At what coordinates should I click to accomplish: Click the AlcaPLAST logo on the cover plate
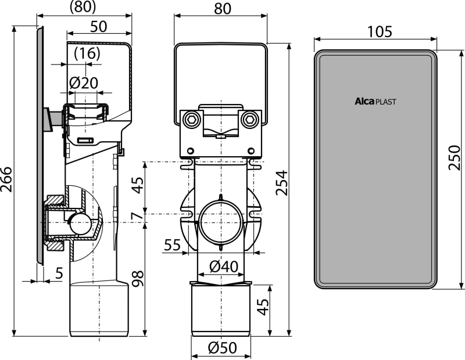(375, 102)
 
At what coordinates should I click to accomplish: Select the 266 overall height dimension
(6, 179)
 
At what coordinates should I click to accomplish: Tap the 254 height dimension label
(282, 182)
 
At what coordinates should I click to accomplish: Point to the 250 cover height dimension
(454, 157)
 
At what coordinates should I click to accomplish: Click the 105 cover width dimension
(380, 31)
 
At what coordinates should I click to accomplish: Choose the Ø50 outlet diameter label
(223, 348)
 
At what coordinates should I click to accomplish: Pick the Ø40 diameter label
(224, 267)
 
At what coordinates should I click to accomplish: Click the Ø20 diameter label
(84, 83)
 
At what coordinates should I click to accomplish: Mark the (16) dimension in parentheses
(87, 53)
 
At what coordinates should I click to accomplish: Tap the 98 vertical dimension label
(138, 278)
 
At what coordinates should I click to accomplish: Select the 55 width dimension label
(172, 245)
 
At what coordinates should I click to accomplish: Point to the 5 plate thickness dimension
(59, 273)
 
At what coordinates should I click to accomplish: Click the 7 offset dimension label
(137, 215)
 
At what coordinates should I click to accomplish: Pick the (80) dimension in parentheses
(83, 7)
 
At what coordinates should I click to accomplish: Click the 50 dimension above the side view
(98, 26)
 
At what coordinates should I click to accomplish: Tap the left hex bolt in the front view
(189, 120)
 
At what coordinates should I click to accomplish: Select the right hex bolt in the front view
(248, 120)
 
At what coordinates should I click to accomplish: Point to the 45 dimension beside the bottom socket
(263, 307)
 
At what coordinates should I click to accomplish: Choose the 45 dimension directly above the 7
(138, 185)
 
